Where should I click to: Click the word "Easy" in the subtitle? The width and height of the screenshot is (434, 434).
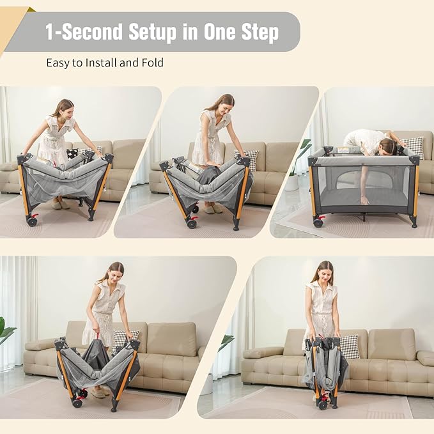(x=57, y=63)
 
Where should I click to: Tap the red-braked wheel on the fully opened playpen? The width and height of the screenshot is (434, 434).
(x=318, y=222)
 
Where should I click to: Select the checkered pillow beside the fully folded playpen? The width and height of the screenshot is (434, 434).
(x=348, y=346)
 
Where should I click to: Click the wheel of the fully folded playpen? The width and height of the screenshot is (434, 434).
(x=323, y=405)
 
